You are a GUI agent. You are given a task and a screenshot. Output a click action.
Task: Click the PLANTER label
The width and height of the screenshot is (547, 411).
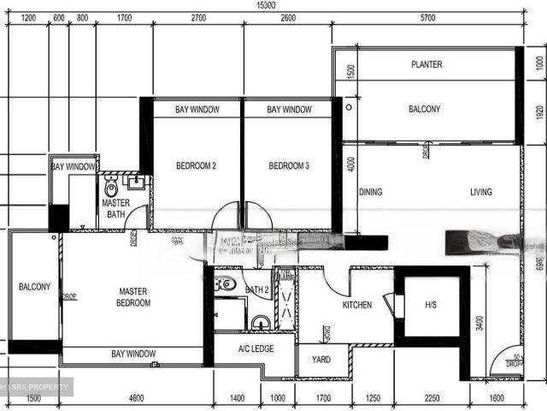426,65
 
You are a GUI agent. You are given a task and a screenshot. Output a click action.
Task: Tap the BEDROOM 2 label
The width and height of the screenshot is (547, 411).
196,166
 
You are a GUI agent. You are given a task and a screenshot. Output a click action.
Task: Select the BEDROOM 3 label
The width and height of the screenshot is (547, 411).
289,166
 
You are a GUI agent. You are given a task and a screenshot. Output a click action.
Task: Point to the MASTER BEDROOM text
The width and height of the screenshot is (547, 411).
133,297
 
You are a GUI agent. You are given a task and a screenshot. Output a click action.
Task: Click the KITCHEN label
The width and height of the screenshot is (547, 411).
357,305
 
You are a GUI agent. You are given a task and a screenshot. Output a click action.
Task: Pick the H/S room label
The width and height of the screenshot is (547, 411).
431,305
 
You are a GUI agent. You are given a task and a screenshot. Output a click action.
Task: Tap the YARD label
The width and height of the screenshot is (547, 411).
321,360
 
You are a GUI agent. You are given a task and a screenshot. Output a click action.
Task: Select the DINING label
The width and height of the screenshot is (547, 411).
371,193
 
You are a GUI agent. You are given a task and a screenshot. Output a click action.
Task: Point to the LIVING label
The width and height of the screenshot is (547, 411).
481,193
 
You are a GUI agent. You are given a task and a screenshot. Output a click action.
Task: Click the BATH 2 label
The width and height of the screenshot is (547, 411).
256,290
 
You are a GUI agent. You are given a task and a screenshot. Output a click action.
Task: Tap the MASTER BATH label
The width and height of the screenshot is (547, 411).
115,209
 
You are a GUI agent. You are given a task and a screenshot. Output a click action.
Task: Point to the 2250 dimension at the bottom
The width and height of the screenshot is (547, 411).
432,399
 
